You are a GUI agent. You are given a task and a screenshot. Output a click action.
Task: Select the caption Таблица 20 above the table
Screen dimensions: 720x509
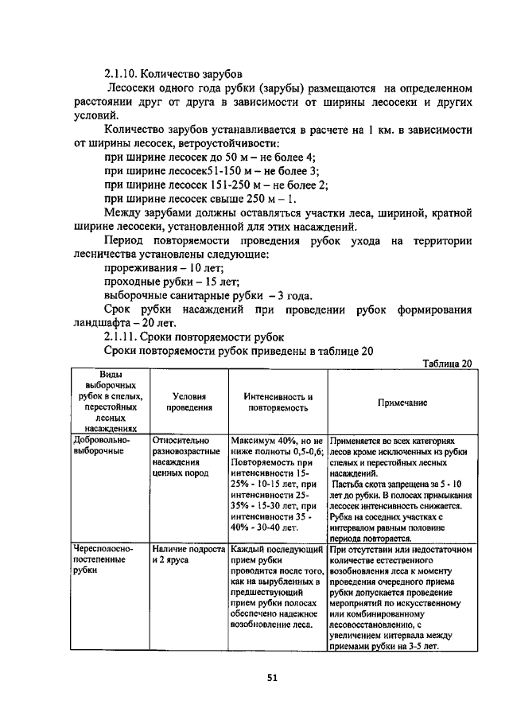coord(447,364)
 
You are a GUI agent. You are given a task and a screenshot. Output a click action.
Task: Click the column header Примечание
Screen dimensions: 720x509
coord(402,403)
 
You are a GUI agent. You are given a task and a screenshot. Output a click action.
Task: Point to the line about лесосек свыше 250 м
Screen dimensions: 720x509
coord(200,198)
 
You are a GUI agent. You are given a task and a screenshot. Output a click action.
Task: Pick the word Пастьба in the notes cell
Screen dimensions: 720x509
coord(352,485)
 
